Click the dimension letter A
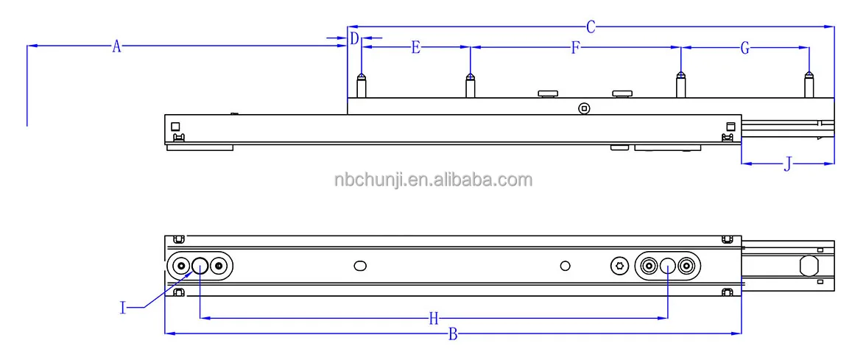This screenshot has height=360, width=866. (116, 46)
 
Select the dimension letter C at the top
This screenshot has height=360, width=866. (591, 27)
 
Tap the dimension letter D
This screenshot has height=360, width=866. (354, 38)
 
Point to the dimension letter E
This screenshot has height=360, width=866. (415, 48)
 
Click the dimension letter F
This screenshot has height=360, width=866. (576, 49)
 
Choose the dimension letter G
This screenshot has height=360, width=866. (745, 49)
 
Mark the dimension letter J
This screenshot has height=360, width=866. (787, 164)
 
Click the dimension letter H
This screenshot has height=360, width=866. (434, 319)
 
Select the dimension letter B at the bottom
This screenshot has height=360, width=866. (454, 335)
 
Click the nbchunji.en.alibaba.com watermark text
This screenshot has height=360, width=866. (432, 180)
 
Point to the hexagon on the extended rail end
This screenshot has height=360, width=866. (809, 265)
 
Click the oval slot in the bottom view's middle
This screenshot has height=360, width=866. (360, 265)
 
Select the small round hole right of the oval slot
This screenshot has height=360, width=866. (566, 265)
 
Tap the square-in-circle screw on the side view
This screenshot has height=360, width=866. (584, 108)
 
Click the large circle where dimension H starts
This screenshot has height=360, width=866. (200, 265)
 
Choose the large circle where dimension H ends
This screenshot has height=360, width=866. (667, 266)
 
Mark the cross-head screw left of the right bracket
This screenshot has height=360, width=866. (619, 265)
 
